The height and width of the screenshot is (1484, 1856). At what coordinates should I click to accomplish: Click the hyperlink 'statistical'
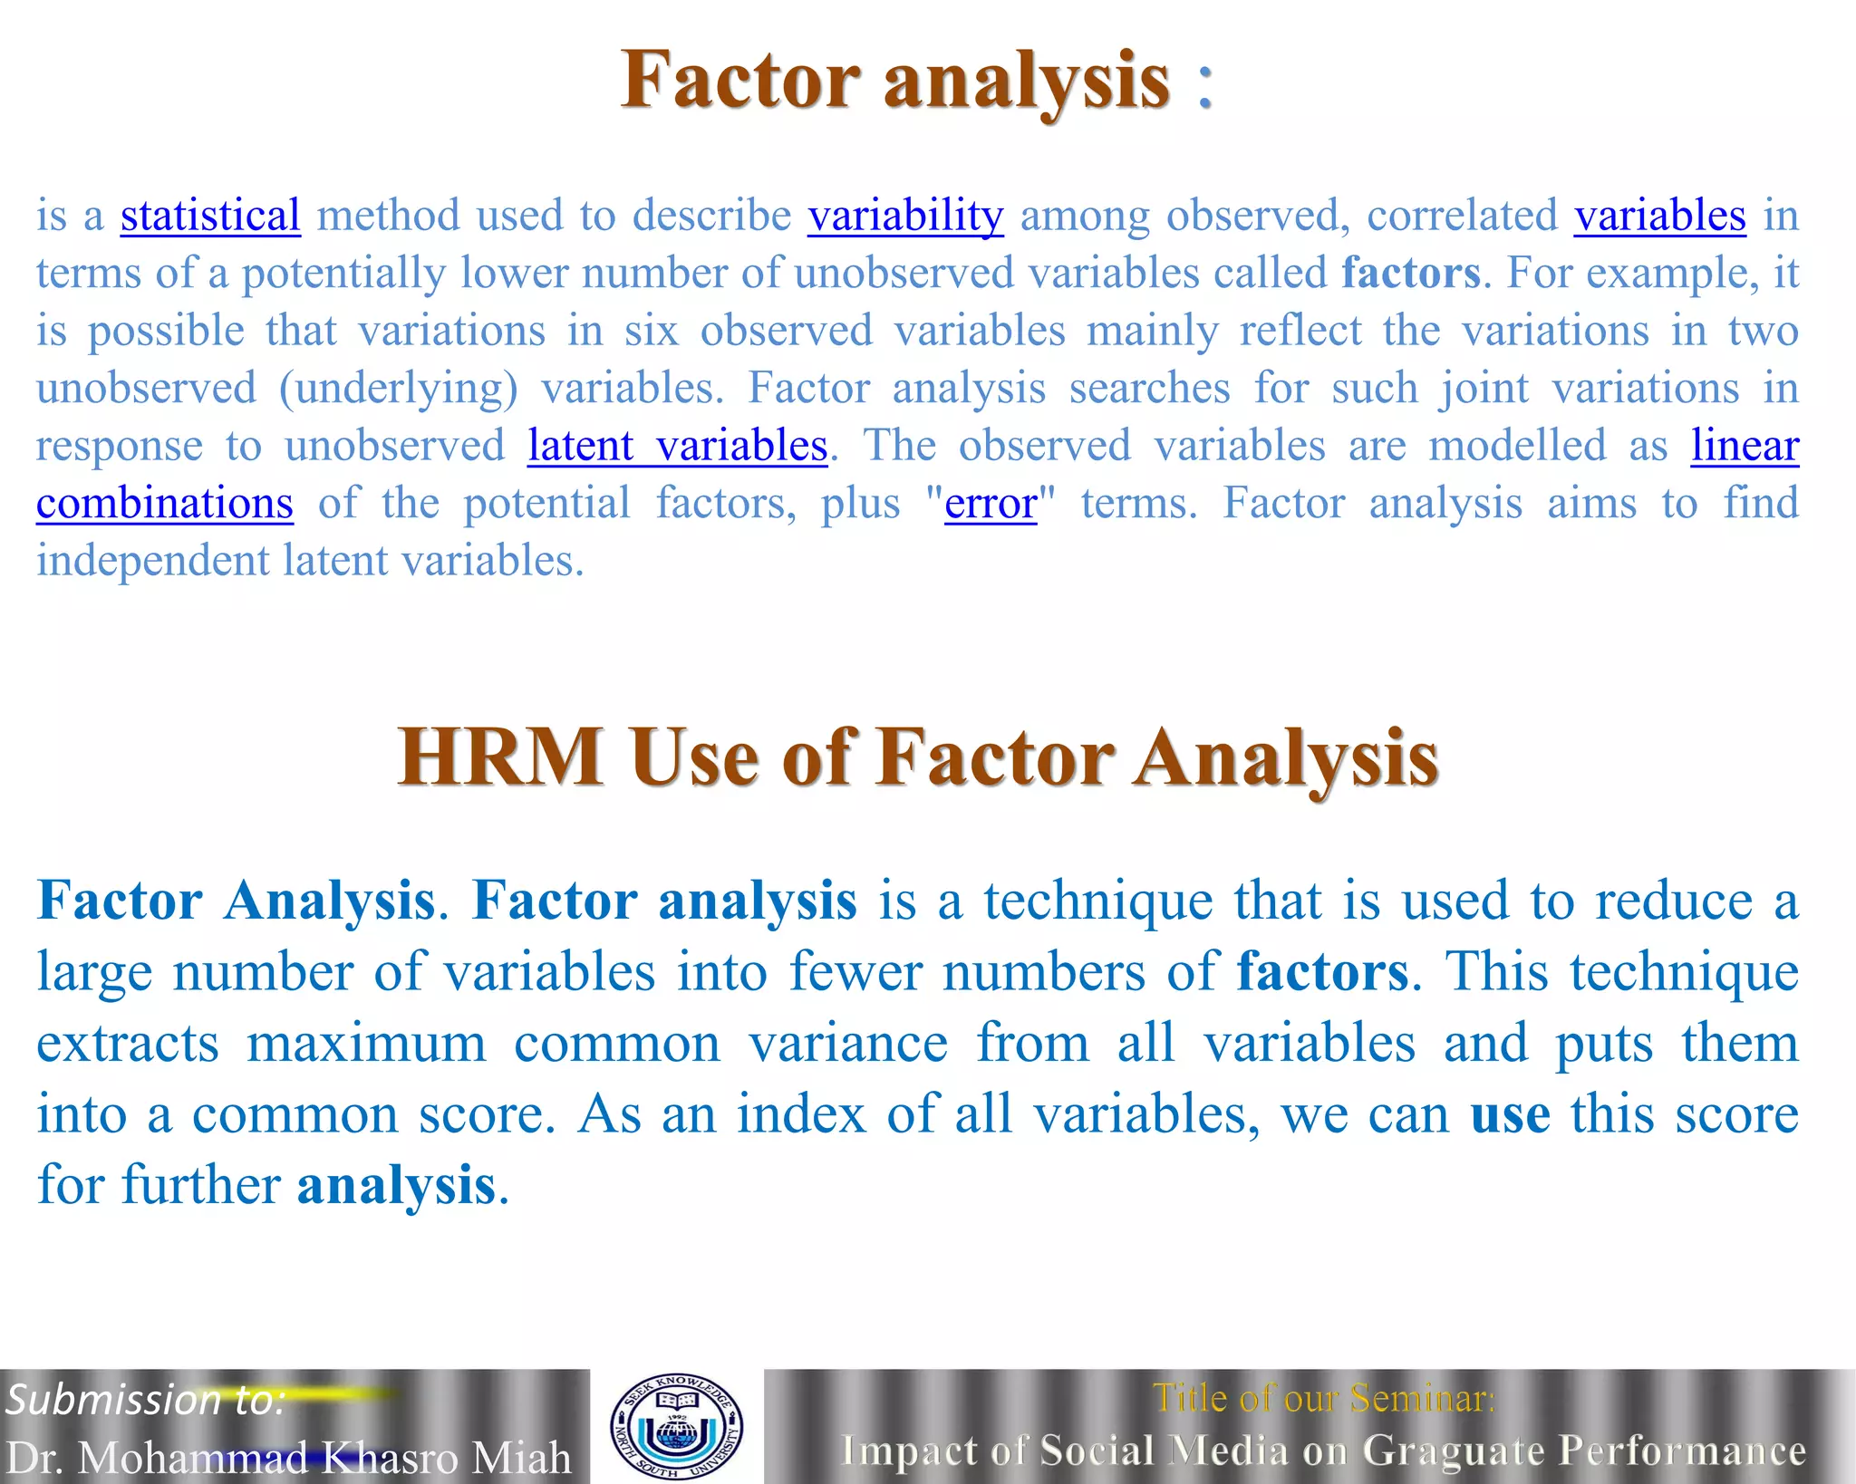[x=210, y=216]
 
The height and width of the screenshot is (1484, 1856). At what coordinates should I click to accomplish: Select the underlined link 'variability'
[x=905, y=216]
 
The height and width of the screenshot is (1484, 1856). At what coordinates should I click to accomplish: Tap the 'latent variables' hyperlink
[x=677, y=446]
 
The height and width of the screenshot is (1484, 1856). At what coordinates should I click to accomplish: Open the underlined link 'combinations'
[x=165, y=503]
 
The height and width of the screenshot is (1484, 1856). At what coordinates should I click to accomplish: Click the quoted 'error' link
[x=991, y=503]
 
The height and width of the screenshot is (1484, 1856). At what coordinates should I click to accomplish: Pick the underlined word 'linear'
[x=1745, y=446]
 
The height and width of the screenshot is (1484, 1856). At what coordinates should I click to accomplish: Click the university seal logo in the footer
[x=677, y=1425]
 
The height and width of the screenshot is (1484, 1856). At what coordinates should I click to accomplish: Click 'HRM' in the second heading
[x=500, y=757]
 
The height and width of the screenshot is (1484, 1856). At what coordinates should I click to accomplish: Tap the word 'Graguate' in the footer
[x=1454, y=1450]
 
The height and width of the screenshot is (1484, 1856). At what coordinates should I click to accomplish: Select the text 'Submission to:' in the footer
[x=146, y=1400]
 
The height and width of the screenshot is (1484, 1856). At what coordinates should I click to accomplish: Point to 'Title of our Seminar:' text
[x=1323, y=1399]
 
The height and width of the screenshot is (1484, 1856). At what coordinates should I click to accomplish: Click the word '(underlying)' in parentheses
[x=399, y=388]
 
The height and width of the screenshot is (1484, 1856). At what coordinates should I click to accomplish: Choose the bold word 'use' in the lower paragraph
[x=1510, y=1113]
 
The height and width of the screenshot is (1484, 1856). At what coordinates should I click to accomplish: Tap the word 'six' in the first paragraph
[x=651, y=331]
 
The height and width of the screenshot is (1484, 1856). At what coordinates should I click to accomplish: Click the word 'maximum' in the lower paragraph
[x=366, y=1043]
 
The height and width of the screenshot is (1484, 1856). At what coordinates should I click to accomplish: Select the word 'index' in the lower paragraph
[x=800, y=1113]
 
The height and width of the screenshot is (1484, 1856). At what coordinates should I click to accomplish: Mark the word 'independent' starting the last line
[x=152, y=560]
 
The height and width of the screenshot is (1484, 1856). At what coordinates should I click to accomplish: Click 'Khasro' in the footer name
[x=390, y=1458]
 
